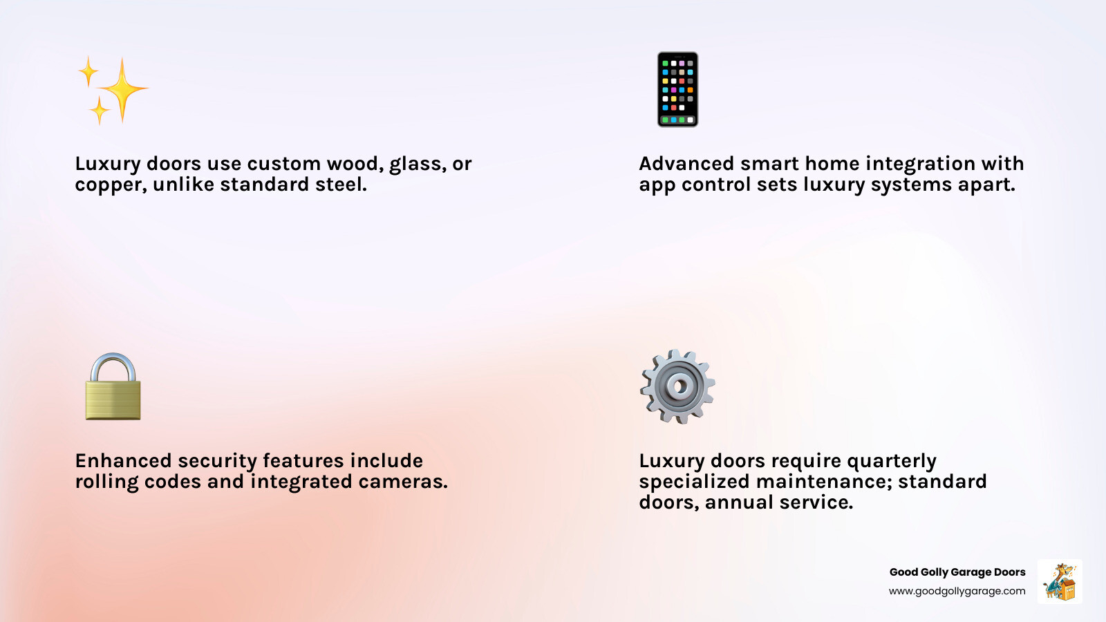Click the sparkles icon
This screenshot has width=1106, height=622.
coord(113,90)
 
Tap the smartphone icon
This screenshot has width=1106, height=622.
coord(677,89)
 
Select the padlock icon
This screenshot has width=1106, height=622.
coord(113,388)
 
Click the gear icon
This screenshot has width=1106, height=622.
coord(677,386)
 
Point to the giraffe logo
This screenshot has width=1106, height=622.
coord(1060,581)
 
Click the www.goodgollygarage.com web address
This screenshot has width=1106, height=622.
coord(957,591)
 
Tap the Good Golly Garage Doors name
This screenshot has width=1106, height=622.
coord(957,572)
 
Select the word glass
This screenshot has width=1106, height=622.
coord(417,164)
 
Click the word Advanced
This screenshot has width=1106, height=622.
coord(686,164)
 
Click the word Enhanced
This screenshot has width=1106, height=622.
coord(123,461)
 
